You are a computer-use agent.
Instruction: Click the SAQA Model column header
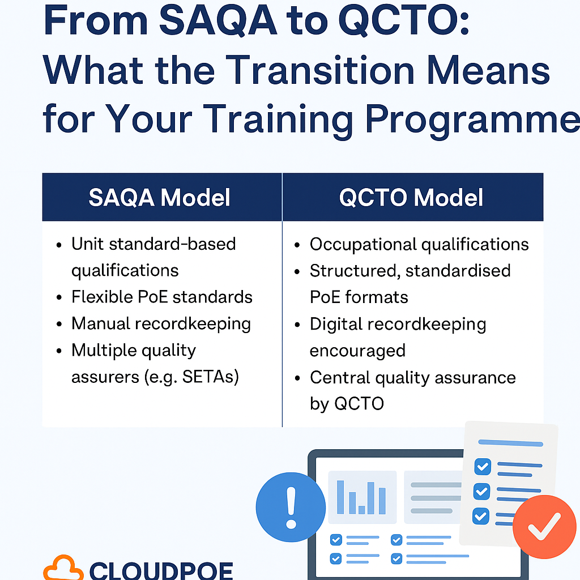[x=159, y=197]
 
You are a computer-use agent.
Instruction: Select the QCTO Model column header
[x=411, y=197]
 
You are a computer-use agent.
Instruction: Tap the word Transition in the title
[x=320, y=70]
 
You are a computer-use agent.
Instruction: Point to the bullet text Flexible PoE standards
[x=162, y=297]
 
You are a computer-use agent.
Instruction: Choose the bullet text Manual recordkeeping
[x=161, y=324]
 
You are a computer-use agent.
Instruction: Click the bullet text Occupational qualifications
[x=419, y=245]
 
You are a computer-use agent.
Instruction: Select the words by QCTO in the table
[x=347, y=403]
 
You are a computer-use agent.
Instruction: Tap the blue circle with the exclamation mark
[x=291, y=507]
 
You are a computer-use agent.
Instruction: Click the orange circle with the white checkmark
[x=544, y=527]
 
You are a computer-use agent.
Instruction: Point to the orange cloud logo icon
[x=63, y=568]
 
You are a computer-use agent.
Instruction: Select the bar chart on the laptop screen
[x=361, y=497]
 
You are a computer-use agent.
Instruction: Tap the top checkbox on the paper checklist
[x=483, y=467]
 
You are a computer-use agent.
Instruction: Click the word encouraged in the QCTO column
[x=357, y=351]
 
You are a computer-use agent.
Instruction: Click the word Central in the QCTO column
[x=340, y=377]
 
